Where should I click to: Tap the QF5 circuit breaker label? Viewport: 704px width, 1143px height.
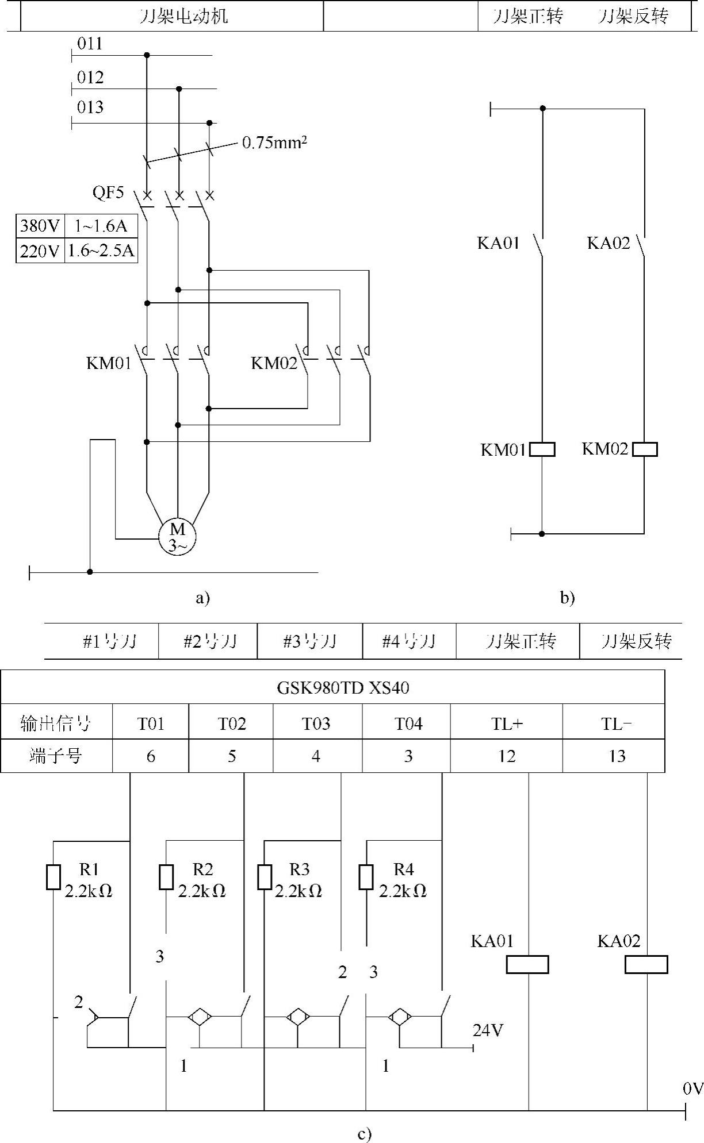click(108, 192)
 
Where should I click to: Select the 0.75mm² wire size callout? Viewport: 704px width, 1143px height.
click(274, 143)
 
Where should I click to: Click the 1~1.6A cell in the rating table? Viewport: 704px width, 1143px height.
click(101, 225)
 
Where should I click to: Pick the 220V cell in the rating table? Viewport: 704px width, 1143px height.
click(40, 251)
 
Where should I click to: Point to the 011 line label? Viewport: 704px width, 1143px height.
click(90, 44)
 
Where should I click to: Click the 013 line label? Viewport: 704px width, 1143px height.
click(90, 107)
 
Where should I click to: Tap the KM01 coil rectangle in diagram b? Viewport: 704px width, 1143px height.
click(542, 449)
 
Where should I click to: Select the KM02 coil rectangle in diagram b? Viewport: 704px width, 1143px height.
click(644, 449)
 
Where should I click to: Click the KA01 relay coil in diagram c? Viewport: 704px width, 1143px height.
click(527, 964)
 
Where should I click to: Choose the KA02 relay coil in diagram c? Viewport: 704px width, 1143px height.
click(646, 964)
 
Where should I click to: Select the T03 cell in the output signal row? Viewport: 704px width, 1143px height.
click(316, 723)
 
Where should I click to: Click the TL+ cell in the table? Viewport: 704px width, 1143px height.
click(507, 723)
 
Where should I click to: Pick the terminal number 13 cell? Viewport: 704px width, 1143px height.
click(617, 756)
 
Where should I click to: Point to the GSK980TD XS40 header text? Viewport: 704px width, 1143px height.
click(343, 687)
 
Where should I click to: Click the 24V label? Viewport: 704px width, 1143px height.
click(488, 1030)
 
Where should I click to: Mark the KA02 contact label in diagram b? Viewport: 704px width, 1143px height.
click(609, 243)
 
